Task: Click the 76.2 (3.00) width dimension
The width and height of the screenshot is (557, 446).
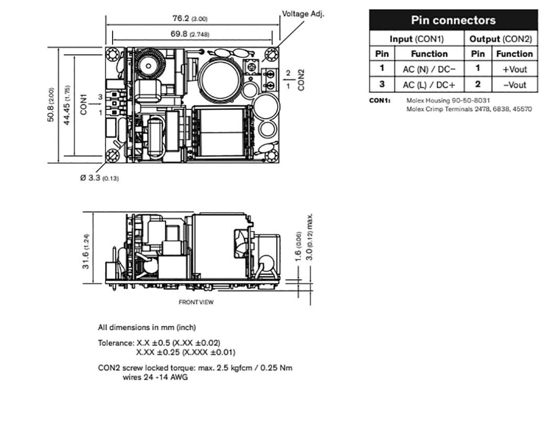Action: coord(189,19)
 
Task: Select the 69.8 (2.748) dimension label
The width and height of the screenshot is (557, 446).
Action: coord(189,34)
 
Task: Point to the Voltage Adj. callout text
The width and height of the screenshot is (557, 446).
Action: coord(302,14)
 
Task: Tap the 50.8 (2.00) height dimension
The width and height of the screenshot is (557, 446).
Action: coord(51,104)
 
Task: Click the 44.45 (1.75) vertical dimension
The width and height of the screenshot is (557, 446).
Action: coord(66,104)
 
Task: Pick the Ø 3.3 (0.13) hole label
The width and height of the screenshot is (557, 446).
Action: coord(100,178)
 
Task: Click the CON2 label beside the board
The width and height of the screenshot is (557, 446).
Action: coord(301,79)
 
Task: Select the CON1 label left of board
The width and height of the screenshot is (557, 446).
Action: coord(83,104)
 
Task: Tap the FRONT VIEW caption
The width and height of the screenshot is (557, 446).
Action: coord(196,302)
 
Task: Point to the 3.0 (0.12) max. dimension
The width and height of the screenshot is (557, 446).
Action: coord(310,238)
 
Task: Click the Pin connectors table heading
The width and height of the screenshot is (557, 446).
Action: coord(453,20)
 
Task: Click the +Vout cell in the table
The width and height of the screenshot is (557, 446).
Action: coord(514,69)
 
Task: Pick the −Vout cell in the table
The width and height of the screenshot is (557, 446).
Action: coord(514,85)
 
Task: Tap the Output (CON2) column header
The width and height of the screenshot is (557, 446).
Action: coord(500,39)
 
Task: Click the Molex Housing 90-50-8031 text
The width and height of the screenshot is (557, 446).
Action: coord(448,101)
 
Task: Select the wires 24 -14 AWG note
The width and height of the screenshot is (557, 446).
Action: coord(154,377)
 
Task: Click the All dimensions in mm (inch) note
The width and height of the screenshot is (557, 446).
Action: coord(147,327)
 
